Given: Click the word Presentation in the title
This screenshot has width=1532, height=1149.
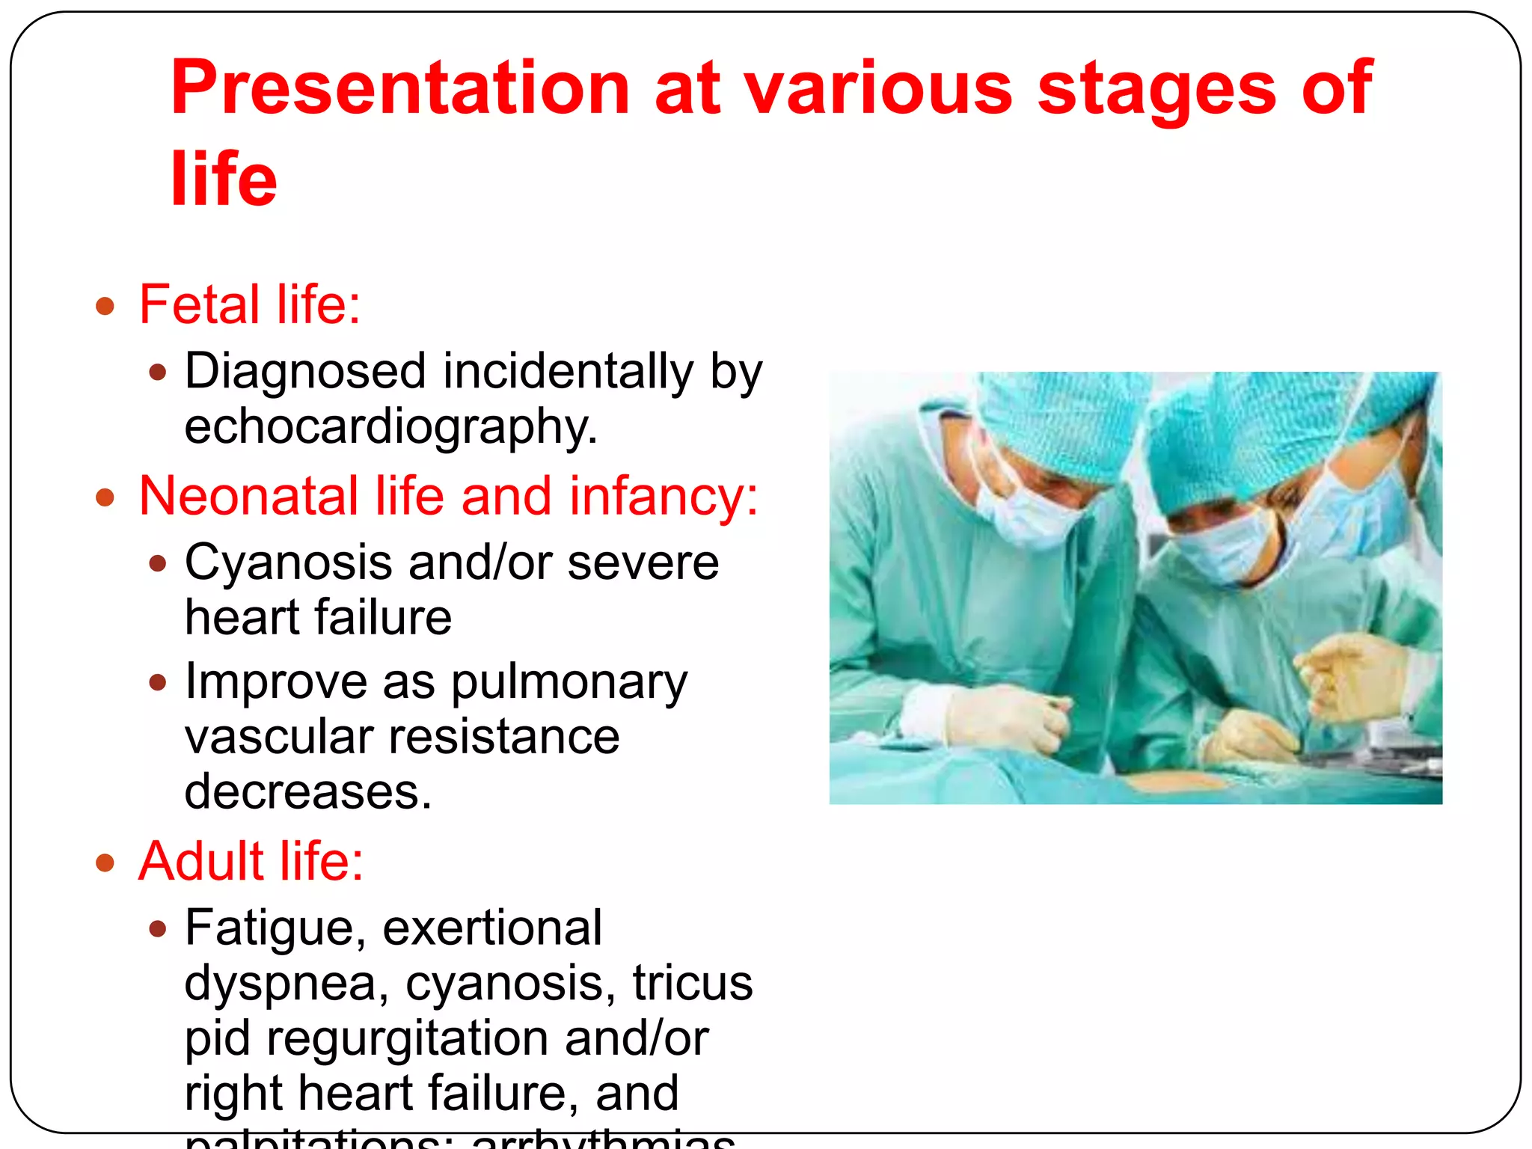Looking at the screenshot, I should [400, 88].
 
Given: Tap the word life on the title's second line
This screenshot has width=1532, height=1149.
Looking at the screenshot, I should [224, 179].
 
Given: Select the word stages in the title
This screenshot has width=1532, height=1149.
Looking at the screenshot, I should [1156, 88].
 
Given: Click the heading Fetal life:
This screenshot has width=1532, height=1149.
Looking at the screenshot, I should [250, 304].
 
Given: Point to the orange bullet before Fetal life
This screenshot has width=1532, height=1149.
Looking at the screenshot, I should [105, 306].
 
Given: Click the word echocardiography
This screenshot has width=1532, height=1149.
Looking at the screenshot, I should [390, 427].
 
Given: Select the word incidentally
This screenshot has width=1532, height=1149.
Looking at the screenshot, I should [568, 372].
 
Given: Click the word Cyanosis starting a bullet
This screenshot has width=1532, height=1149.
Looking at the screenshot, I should [288, 563].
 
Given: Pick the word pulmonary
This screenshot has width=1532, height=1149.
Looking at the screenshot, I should [569, 681].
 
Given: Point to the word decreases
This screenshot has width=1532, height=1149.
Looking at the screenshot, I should [307, 792].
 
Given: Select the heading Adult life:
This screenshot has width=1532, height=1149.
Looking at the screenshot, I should [251, 861].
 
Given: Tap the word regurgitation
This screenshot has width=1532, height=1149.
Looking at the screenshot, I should [408, 1038].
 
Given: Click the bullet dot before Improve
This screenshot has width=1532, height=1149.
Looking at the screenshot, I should [157, 682].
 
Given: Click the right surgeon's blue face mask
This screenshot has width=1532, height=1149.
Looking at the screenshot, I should [1227, 550].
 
